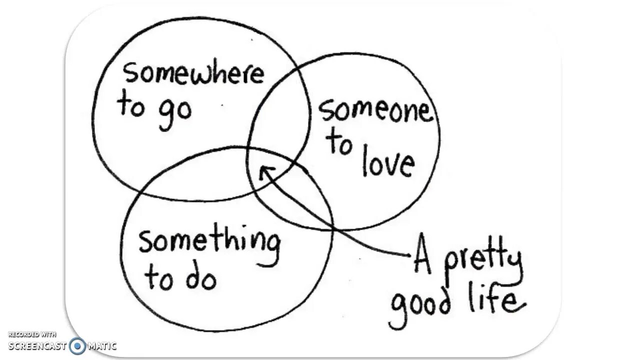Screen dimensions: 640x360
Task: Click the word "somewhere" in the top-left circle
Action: coord(193,73)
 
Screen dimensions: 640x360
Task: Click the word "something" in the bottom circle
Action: coord(209,242)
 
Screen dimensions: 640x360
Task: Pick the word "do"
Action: coord(201,278)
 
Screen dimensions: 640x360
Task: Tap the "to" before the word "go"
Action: coord(131,105)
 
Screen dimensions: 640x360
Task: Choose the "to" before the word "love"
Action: coord(340,144)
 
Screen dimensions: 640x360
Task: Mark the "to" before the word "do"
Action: coord(158,278)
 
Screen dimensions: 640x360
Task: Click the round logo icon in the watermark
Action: coord(77,345)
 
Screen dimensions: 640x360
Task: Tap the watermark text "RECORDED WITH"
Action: coord(32,334)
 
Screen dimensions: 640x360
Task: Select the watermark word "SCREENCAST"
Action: coord(37,345)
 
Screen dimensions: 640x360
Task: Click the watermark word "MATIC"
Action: coord(102,345)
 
